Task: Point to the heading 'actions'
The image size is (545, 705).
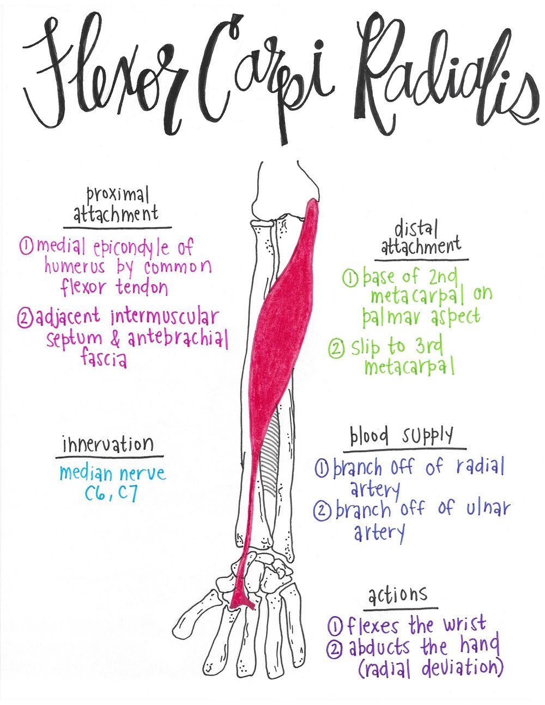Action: (x=398, y=595)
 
